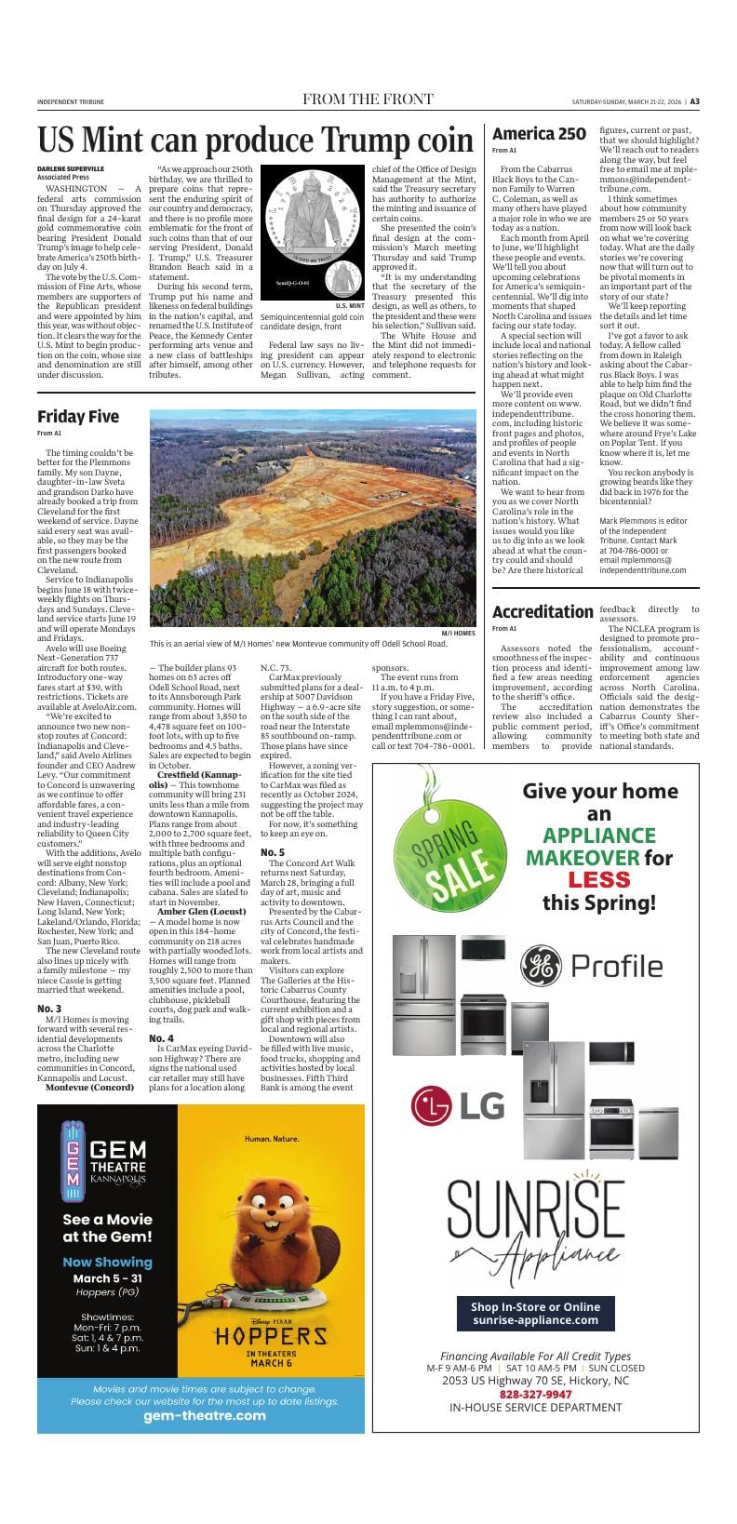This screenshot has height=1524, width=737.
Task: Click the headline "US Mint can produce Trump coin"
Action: click(256, 140)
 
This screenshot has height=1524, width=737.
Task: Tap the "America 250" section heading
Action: click(539, 134)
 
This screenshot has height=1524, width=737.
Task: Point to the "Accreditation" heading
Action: click(542, 611)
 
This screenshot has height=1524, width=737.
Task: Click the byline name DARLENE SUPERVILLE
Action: click(71, 168)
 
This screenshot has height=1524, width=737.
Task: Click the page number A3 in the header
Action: click(694, 101)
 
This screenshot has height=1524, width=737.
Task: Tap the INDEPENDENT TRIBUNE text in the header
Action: click(71, 102)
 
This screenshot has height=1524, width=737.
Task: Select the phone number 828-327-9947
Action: click(535, 1394)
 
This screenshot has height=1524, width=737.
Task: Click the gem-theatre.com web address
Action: click(200, 1415)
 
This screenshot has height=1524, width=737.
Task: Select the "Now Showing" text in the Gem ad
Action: click(107, 1262)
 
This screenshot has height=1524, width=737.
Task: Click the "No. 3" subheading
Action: click(49, 1009)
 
